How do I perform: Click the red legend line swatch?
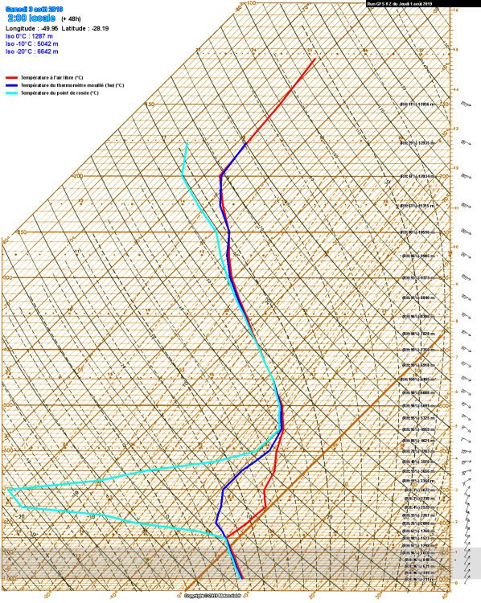point(11,78)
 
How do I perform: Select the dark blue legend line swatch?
point(11,85)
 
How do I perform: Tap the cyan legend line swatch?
point(11,93)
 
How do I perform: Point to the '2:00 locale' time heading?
point(31,17)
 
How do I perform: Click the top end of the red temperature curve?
point(314,58)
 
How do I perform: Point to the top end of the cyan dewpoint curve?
point(187,143)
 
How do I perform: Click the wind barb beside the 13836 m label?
point(465,105)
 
